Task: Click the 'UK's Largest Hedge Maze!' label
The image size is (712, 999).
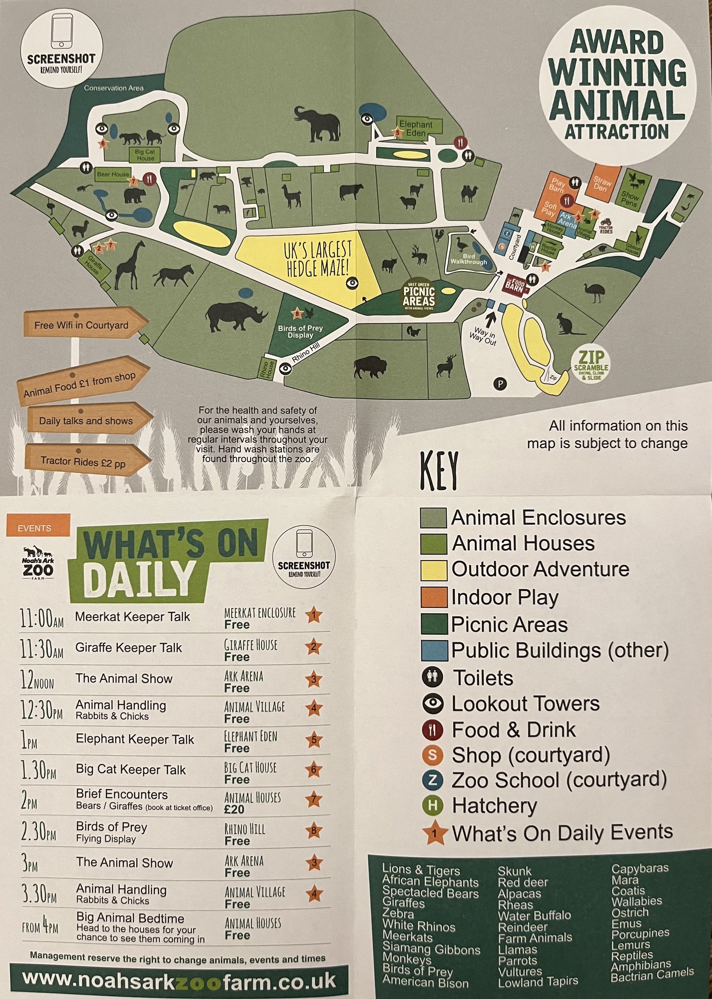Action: [318, 259]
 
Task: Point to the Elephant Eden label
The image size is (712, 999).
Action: [416, 128]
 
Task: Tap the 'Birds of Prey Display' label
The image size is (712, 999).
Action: [300, 331]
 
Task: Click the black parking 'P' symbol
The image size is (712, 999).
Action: [500, 383]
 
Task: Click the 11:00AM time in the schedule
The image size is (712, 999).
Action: [42, 618]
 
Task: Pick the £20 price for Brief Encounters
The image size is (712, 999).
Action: [234, 809]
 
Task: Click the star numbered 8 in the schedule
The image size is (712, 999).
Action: [313, 831]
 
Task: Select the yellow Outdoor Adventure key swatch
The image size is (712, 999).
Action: [433, 570]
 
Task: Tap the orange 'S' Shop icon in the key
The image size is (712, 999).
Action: [433, 754]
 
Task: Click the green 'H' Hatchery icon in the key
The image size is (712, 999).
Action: [433, 805]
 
